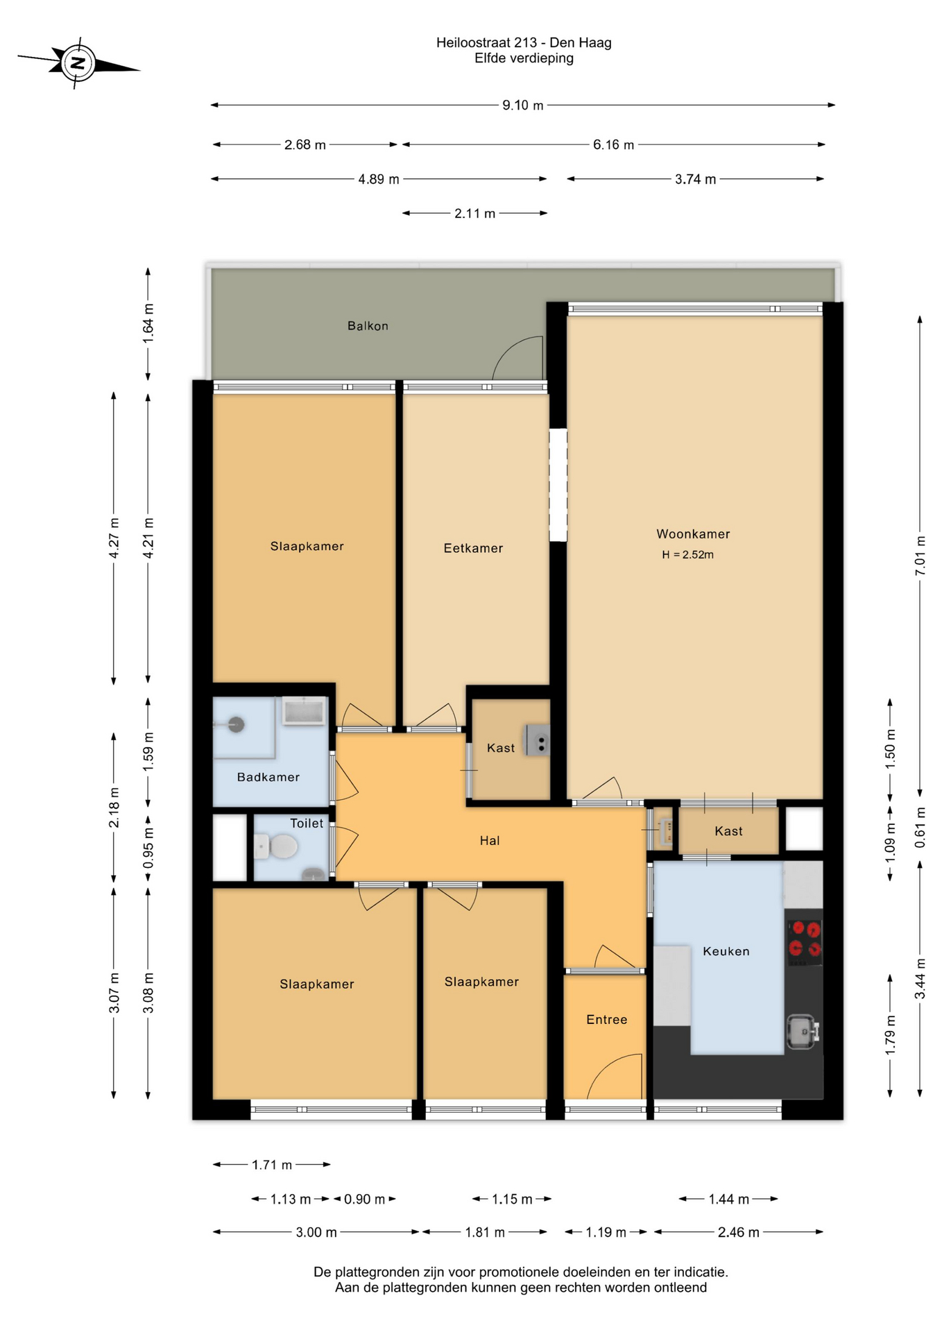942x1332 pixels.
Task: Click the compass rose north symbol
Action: [78, 64]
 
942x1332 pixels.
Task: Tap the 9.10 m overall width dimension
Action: [523, 105]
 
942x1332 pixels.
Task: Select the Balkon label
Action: [368, 326]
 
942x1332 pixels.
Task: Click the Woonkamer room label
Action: [693, 534]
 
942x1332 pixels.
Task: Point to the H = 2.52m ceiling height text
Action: [687, 555]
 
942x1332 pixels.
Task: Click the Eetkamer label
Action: [473, 549]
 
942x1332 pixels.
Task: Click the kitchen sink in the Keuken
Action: [803, 1032]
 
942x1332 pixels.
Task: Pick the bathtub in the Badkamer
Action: [304, 712]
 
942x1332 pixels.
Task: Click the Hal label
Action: [490, 841]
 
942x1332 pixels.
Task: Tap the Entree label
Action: [607, 1020]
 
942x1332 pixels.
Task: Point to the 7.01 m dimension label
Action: [920, 556]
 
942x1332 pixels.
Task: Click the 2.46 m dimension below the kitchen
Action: [739, 1233]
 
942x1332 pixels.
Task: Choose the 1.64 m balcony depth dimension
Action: [148, 323]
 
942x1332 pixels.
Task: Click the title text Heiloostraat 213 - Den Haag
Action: [524, 43]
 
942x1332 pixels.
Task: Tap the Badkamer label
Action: [268, 778]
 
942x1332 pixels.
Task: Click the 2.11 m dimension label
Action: [475, 214]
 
